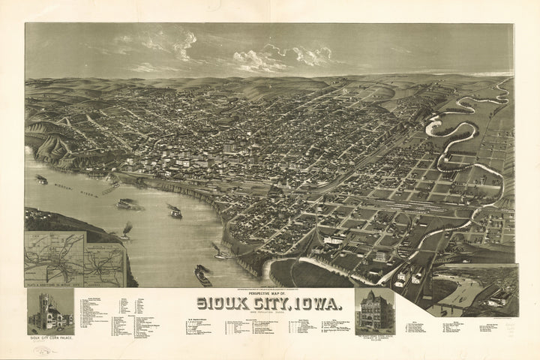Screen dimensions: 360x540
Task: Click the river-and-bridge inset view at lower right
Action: click(477, 289)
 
